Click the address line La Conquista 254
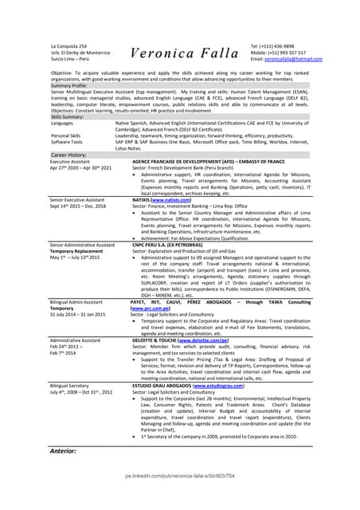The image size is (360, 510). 69,46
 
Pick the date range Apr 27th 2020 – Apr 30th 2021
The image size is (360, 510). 80,168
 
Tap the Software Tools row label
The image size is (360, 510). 69,142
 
